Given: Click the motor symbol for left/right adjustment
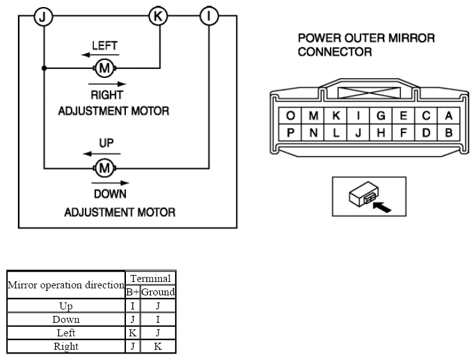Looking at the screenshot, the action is coord(104,68).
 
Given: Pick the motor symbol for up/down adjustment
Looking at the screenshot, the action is coord(104,168).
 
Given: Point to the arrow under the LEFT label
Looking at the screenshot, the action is coord(100,55).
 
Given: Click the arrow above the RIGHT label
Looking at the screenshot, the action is coord(107,84).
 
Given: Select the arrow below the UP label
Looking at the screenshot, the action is coord(102,153).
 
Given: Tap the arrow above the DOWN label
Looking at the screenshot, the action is coord(110,183).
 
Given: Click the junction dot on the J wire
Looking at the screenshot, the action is coord(44,68).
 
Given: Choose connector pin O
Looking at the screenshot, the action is coord(290,116).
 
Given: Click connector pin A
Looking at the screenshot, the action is coord(449,116).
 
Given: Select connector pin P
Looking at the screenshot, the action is coord(290,132).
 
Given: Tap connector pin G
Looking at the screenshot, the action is coord(381,116).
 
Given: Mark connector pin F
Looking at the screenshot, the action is coord(403,132).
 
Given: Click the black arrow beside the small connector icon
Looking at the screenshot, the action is coord(382,207).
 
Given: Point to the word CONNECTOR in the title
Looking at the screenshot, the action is coord(335,52).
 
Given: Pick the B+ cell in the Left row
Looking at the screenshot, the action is coord(133,333).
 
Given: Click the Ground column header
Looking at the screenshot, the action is coord(158,292).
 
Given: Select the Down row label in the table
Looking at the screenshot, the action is coord(66,319).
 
